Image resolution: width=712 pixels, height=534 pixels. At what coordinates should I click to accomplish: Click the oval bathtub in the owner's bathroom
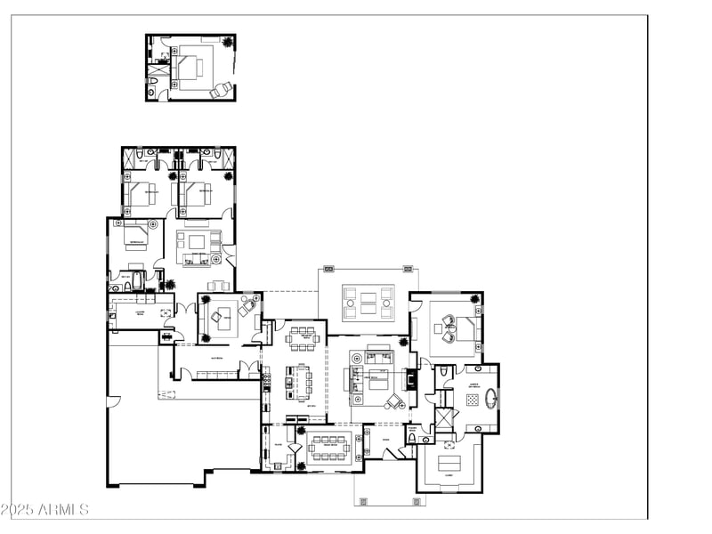click(x=492, y=397)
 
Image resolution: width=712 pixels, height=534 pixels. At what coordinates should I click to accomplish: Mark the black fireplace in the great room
click(x=411, y=378)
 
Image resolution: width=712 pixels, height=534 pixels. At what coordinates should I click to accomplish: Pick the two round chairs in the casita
click(x=219, y=88)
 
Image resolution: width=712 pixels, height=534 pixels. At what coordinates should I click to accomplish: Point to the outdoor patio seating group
click(x=369, y=302)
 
